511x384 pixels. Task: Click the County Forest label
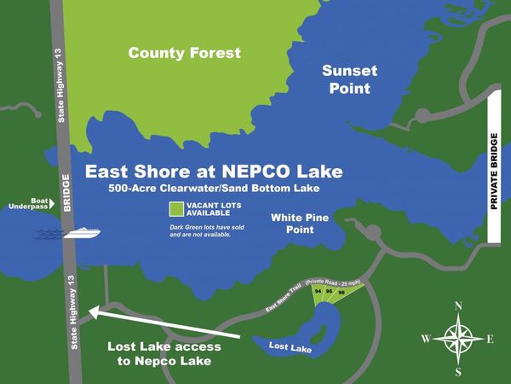[185, 53]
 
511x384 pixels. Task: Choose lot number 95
[329, 293]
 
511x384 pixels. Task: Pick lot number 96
[341, 293]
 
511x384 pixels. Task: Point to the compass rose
[458, 339]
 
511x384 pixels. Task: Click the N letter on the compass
[458, 305]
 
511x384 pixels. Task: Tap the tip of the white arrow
[89, 311]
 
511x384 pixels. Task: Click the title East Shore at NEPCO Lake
[214, 172]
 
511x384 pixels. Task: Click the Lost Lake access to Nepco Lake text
[164, 355]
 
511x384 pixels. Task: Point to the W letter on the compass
[425, 339]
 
